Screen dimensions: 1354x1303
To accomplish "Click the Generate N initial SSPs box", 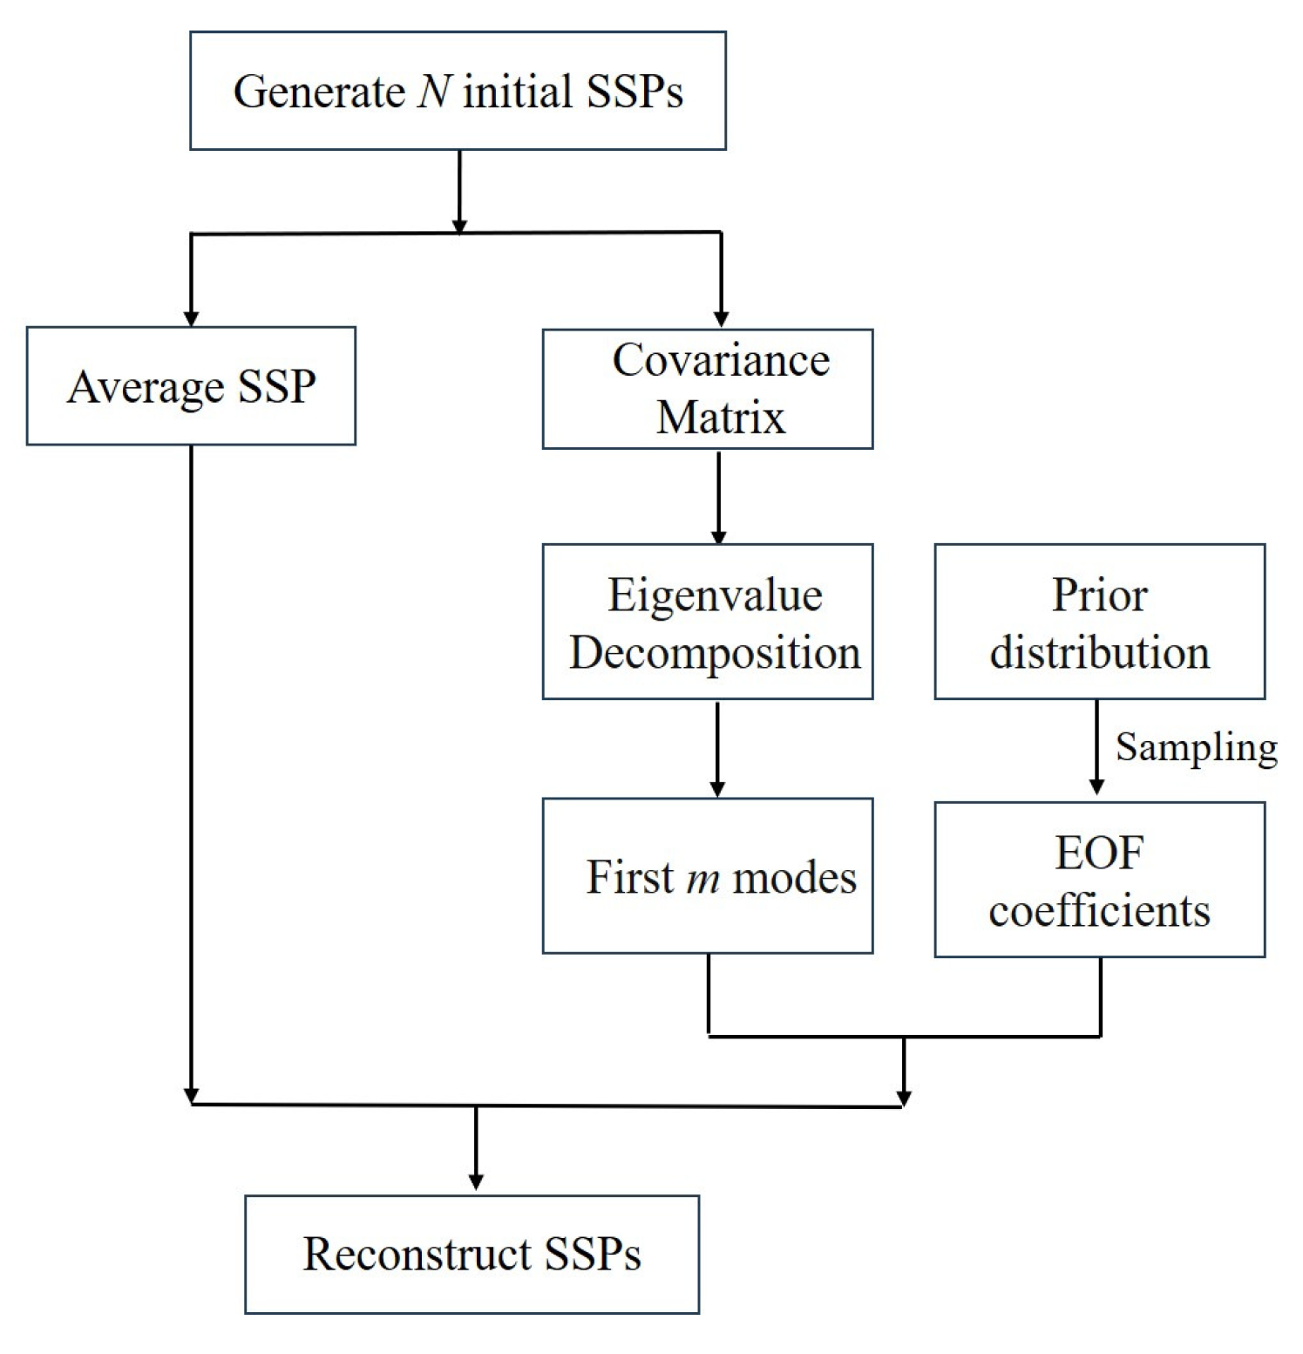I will (458, 91).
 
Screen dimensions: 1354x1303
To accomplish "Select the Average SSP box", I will (191, 386).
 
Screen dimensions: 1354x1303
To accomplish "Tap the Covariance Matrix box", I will (707, 389).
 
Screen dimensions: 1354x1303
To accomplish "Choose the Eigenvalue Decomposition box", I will (707, 622).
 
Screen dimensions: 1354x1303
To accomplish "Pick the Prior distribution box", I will (1099, 622).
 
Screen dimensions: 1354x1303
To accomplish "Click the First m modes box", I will (707, 875).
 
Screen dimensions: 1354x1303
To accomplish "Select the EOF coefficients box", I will (1099, 880).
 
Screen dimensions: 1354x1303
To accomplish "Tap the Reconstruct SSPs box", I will (472, 1254).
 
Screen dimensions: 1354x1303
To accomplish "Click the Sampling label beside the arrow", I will (1196, 747).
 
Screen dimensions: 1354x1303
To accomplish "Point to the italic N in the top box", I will (434, 91).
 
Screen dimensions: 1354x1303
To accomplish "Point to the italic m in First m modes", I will (702, 878).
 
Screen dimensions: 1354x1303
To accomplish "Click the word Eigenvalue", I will (715, 595).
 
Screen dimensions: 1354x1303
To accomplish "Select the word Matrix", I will (720, 417).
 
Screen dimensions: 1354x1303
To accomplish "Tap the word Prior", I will (1099, 595).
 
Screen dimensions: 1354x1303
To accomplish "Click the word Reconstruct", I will (417, 1254).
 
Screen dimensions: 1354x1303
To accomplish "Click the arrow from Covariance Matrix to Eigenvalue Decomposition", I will (718, 496).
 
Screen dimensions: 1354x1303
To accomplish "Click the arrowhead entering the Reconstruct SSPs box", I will (476, 1181).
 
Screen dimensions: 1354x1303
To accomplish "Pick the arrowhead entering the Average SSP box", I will (191, 317).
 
